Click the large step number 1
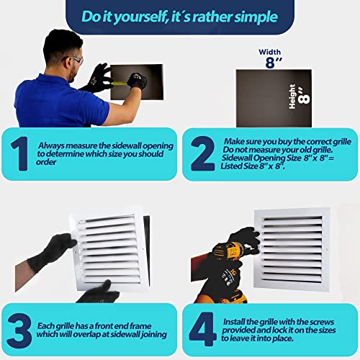coord(19,153)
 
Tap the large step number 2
coord(203,153)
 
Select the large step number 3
coord(19,330)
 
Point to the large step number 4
coord(203,329)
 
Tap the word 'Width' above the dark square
coord(270,52)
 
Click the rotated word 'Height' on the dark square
coord(292,96)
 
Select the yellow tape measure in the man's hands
coord(120,84)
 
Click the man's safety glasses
coord(76,60)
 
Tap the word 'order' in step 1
coord(46,162)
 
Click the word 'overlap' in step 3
coord(86,335)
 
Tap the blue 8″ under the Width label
coord(274,63)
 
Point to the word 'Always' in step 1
coord(51,145)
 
